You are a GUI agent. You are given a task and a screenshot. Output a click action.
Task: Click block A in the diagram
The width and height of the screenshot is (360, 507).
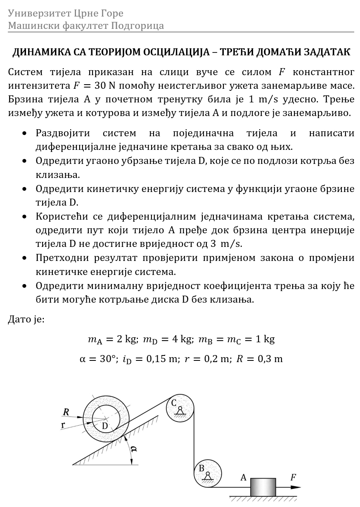[263, 487]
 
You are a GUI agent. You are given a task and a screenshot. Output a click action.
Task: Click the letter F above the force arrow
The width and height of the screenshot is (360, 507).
[293, 478]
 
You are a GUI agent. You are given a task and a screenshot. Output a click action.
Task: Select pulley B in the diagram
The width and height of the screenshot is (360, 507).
[208, 473]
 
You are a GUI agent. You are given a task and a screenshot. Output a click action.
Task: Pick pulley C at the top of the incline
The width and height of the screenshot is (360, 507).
[180, 408]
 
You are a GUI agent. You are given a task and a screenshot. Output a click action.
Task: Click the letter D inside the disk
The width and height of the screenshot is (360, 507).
[105, 426]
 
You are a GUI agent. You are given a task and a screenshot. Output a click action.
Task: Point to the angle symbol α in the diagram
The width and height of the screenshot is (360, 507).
[133, 449]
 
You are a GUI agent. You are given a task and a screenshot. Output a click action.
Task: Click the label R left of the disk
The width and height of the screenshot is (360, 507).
[66, 412]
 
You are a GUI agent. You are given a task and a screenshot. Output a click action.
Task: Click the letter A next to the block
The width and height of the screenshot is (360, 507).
[244, 478]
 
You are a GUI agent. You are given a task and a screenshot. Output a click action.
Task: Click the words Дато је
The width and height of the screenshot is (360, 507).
[26, 320]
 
